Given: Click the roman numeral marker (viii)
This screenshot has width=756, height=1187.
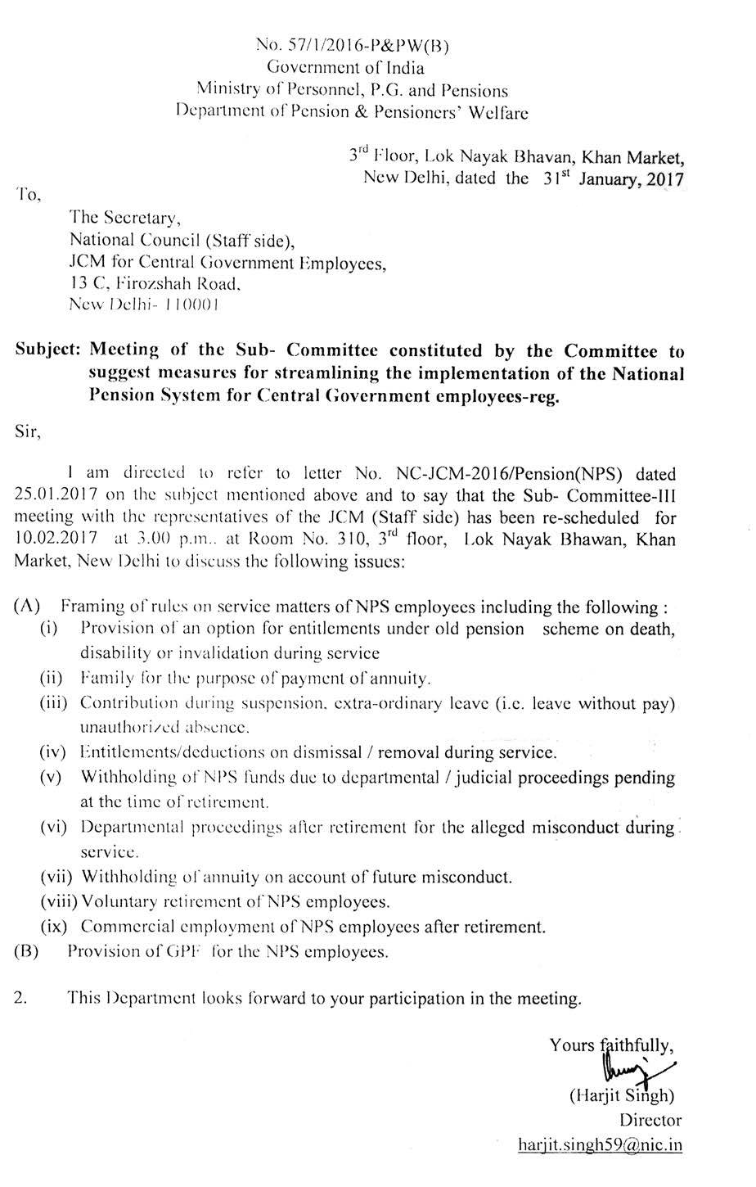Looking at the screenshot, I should click(x=57, y=902).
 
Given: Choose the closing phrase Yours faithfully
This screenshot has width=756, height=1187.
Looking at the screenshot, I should click(x=611, y=1045).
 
